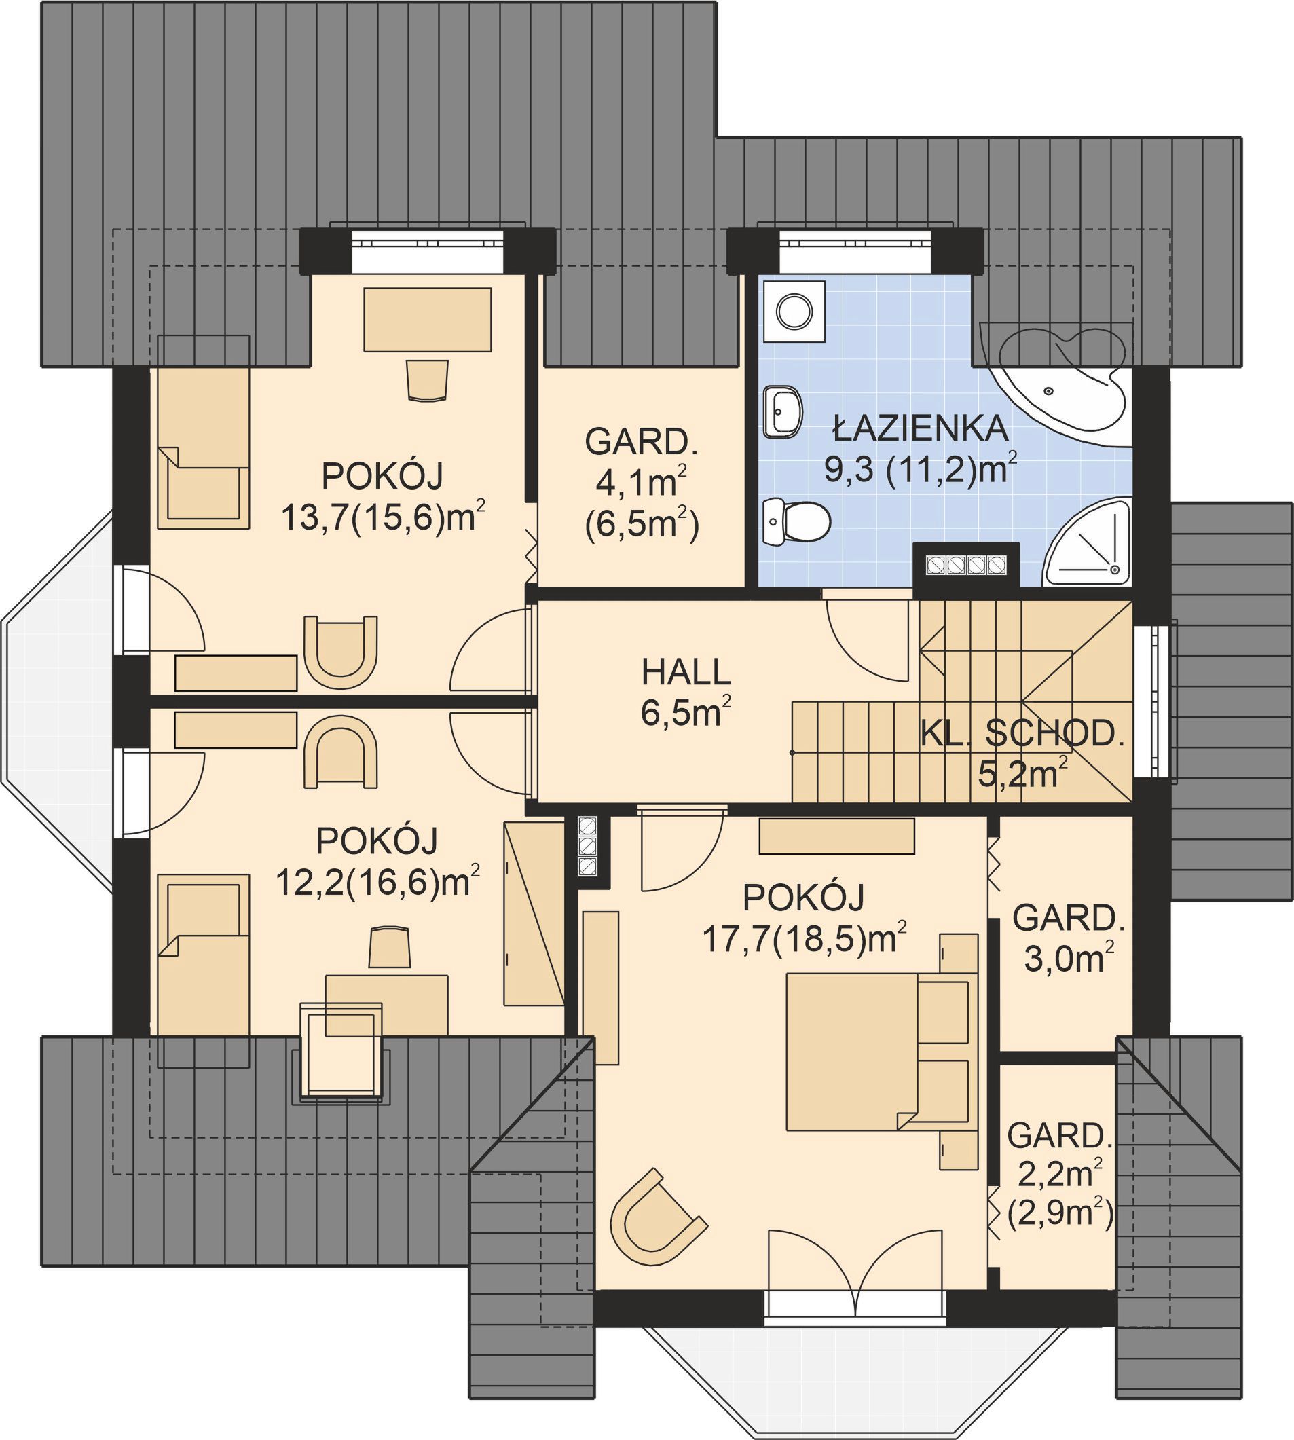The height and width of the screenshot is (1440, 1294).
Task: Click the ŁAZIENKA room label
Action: (921, 427)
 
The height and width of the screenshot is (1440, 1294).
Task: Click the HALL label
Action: (686, 671)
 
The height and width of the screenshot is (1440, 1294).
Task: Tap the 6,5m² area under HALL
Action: (686, 713)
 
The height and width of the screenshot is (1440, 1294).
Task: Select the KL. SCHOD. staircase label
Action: (1022, 733)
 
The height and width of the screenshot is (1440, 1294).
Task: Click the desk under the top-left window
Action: (428, 319)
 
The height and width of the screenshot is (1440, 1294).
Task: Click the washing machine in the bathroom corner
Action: (794, 311)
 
